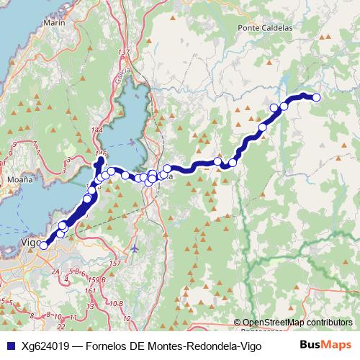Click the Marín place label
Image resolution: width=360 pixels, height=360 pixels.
54,23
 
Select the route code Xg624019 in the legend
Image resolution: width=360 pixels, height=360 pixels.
45,346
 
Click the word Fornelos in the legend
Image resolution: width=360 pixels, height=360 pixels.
105,346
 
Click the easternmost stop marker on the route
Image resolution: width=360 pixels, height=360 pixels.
315,97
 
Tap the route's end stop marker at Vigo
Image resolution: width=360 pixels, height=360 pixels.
43,246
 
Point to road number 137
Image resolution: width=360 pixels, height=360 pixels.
125,53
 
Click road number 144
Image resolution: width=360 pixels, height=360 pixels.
98,130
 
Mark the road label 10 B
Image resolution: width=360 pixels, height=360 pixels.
115,304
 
